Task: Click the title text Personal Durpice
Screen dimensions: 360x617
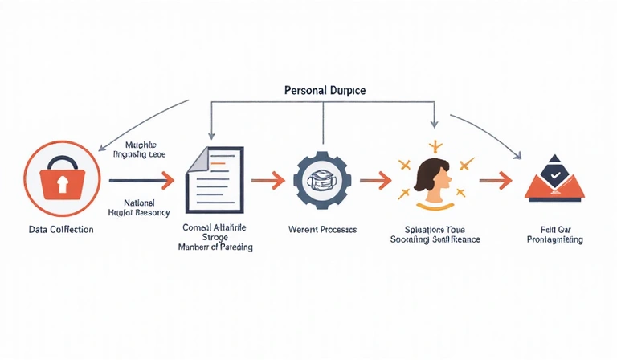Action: click(325, 91)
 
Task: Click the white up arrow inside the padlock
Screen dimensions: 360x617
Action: click(61, 185)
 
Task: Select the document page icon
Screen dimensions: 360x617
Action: click(215, 178)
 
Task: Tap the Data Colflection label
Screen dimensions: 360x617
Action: click(61, 230)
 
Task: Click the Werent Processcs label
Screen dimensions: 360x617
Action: click(322, 230)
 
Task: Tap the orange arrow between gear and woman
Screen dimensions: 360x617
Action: click(374, 180)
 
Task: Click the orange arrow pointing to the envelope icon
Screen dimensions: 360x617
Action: click(496, 180)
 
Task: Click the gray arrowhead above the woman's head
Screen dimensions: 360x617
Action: click(434, 124)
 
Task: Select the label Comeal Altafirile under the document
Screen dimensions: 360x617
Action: click(215, 227)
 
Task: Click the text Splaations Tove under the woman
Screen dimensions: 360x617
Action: click(435, 229)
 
